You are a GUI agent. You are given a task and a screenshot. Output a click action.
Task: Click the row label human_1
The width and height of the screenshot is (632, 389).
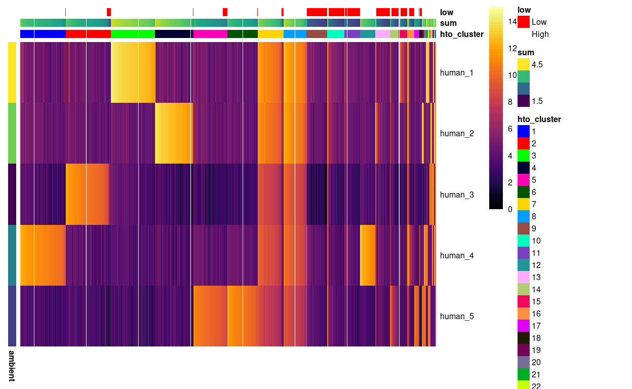(456, 72)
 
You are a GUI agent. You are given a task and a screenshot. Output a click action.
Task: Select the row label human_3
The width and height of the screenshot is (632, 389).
(456, 194)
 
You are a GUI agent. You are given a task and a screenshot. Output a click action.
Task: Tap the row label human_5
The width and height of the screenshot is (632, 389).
(456, 316)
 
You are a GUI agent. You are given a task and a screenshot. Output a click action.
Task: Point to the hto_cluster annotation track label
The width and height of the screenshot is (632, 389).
(461, 34)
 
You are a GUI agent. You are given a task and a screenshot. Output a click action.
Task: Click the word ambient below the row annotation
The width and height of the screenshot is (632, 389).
(12, 365)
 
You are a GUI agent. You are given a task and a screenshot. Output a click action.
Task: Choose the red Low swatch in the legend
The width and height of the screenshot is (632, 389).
(524, 22)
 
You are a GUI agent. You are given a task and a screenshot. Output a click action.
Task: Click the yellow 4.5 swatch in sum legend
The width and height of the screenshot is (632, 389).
(524, 64)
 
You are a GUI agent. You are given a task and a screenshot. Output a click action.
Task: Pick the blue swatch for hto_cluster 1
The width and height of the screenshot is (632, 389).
(524, 131)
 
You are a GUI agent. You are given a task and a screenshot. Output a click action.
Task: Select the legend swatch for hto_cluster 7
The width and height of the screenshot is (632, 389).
(524, 204)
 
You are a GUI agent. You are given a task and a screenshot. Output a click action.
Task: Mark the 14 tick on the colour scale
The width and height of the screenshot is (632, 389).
(512, 21)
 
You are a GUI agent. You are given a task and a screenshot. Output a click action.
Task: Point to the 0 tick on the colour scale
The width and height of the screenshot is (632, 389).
(509, 209)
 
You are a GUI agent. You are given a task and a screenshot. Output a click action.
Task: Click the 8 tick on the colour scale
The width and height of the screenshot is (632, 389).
(509, 102)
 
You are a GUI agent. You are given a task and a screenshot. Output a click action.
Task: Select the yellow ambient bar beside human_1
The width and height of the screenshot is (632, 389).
(12, 72)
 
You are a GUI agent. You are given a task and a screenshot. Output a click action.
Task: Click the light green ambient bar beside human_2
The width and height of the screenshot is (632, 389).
(12, 133)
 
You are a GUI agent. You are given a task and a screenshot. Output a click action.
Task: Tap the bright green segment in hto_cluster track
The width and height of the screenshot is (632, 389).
(133, 34)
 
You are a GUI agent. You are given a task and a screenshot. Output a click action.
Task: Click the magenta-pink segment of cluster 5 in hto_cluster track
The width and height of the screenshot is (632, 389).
(210, 34)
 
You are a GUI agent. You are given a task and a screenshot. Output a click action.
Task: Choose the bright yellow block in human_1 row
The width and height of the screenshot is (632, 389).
(133, 72)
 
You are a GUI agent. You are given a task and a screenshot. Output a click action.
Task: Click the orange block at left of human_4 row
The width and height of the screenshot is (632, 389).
(43, 255)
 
